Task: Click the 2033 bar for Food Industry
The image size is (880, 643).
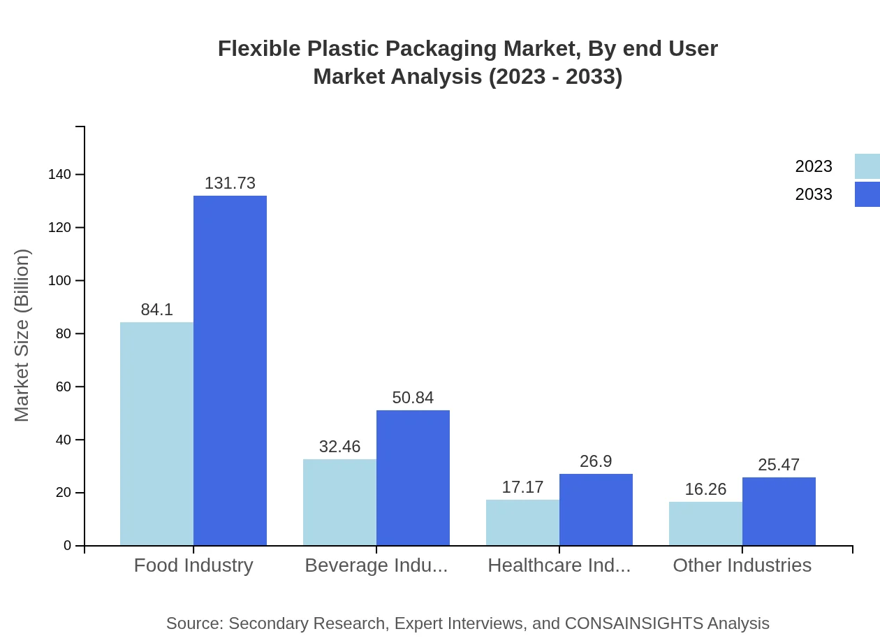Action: [230, 370]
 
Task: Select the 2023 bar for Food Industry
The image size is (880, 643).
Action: [156, 433]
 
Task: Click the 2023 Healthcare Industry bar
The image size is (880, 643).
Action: [522, 522]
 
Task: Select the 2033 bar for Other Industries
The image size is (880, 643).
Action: [779, 511]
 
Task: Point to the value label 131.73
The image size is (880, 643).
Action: [230, 183]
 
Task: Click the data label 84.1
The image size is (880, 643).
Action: [156, 310]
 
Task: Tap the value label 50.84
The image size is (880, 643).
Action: [413, 398]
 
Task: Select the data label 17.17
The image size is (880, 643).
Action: [522, 487]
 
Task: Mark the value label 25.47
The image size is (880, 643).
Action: [779, 465]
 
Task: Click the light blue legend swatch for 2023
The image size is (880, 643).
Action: [867, 166]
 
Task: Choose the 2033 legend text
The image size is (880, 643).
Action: [814, 194]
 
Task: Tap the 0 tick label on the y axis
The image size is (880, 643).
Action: [67, 545]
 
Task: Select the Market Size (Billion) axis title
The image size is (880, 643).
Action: [22, 335]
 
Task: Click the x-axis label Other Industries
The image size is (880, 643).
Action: [742, 565]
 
